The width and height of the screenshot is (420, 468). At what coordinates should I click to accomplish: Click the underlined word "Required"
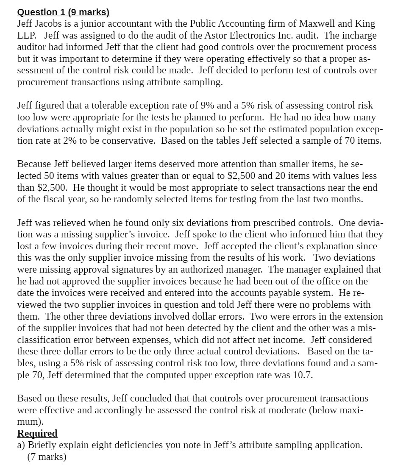pyautogui.click(x=37, y=433)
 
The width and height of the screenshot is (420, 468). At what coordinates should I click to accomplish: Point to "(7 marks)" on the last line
pyautogui.click(x=47, y=457)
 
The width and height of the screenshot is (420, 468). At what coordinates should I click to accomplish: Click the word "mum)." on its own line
pyautogui.click(x=30, y=422)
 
